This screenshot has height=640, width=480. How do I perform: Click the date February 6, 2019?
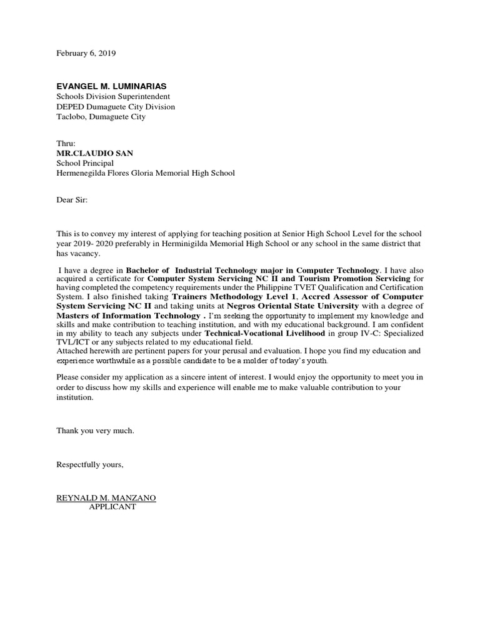[86, 54]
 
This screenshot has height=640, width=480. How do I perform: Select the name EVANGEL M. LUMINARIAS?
[112, 86]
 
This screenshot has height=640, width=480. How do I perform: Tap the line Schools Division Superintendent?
[113, 97]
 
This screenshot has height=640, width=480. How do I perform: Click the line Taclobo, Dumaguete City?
[101, 117]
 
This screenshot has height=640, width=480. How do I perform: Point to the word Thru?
[66, 143]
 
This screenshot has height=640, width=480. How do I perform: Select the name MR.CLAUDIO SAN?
[94, 153]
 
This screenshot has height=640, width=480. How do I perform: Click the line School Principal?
[85, 163]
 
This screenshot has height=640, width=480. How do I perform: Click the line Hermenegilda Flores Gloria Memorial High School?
[146, 173]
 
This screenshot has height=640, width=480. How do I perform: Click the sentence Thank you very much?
[96, 431]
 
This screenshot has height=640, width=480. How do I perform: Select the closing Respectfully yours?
[90, 464]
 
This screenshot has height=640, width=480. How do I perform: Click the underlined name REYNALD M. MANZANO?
[106, 497]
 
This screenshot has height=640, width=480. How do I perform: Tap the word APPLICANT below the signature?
[112, 507]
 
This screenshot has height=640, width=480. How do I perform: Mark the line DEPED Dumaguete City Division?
[116, 107]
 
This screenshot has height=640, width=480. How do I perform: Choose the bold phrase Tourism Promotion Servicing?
[354, 278]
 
